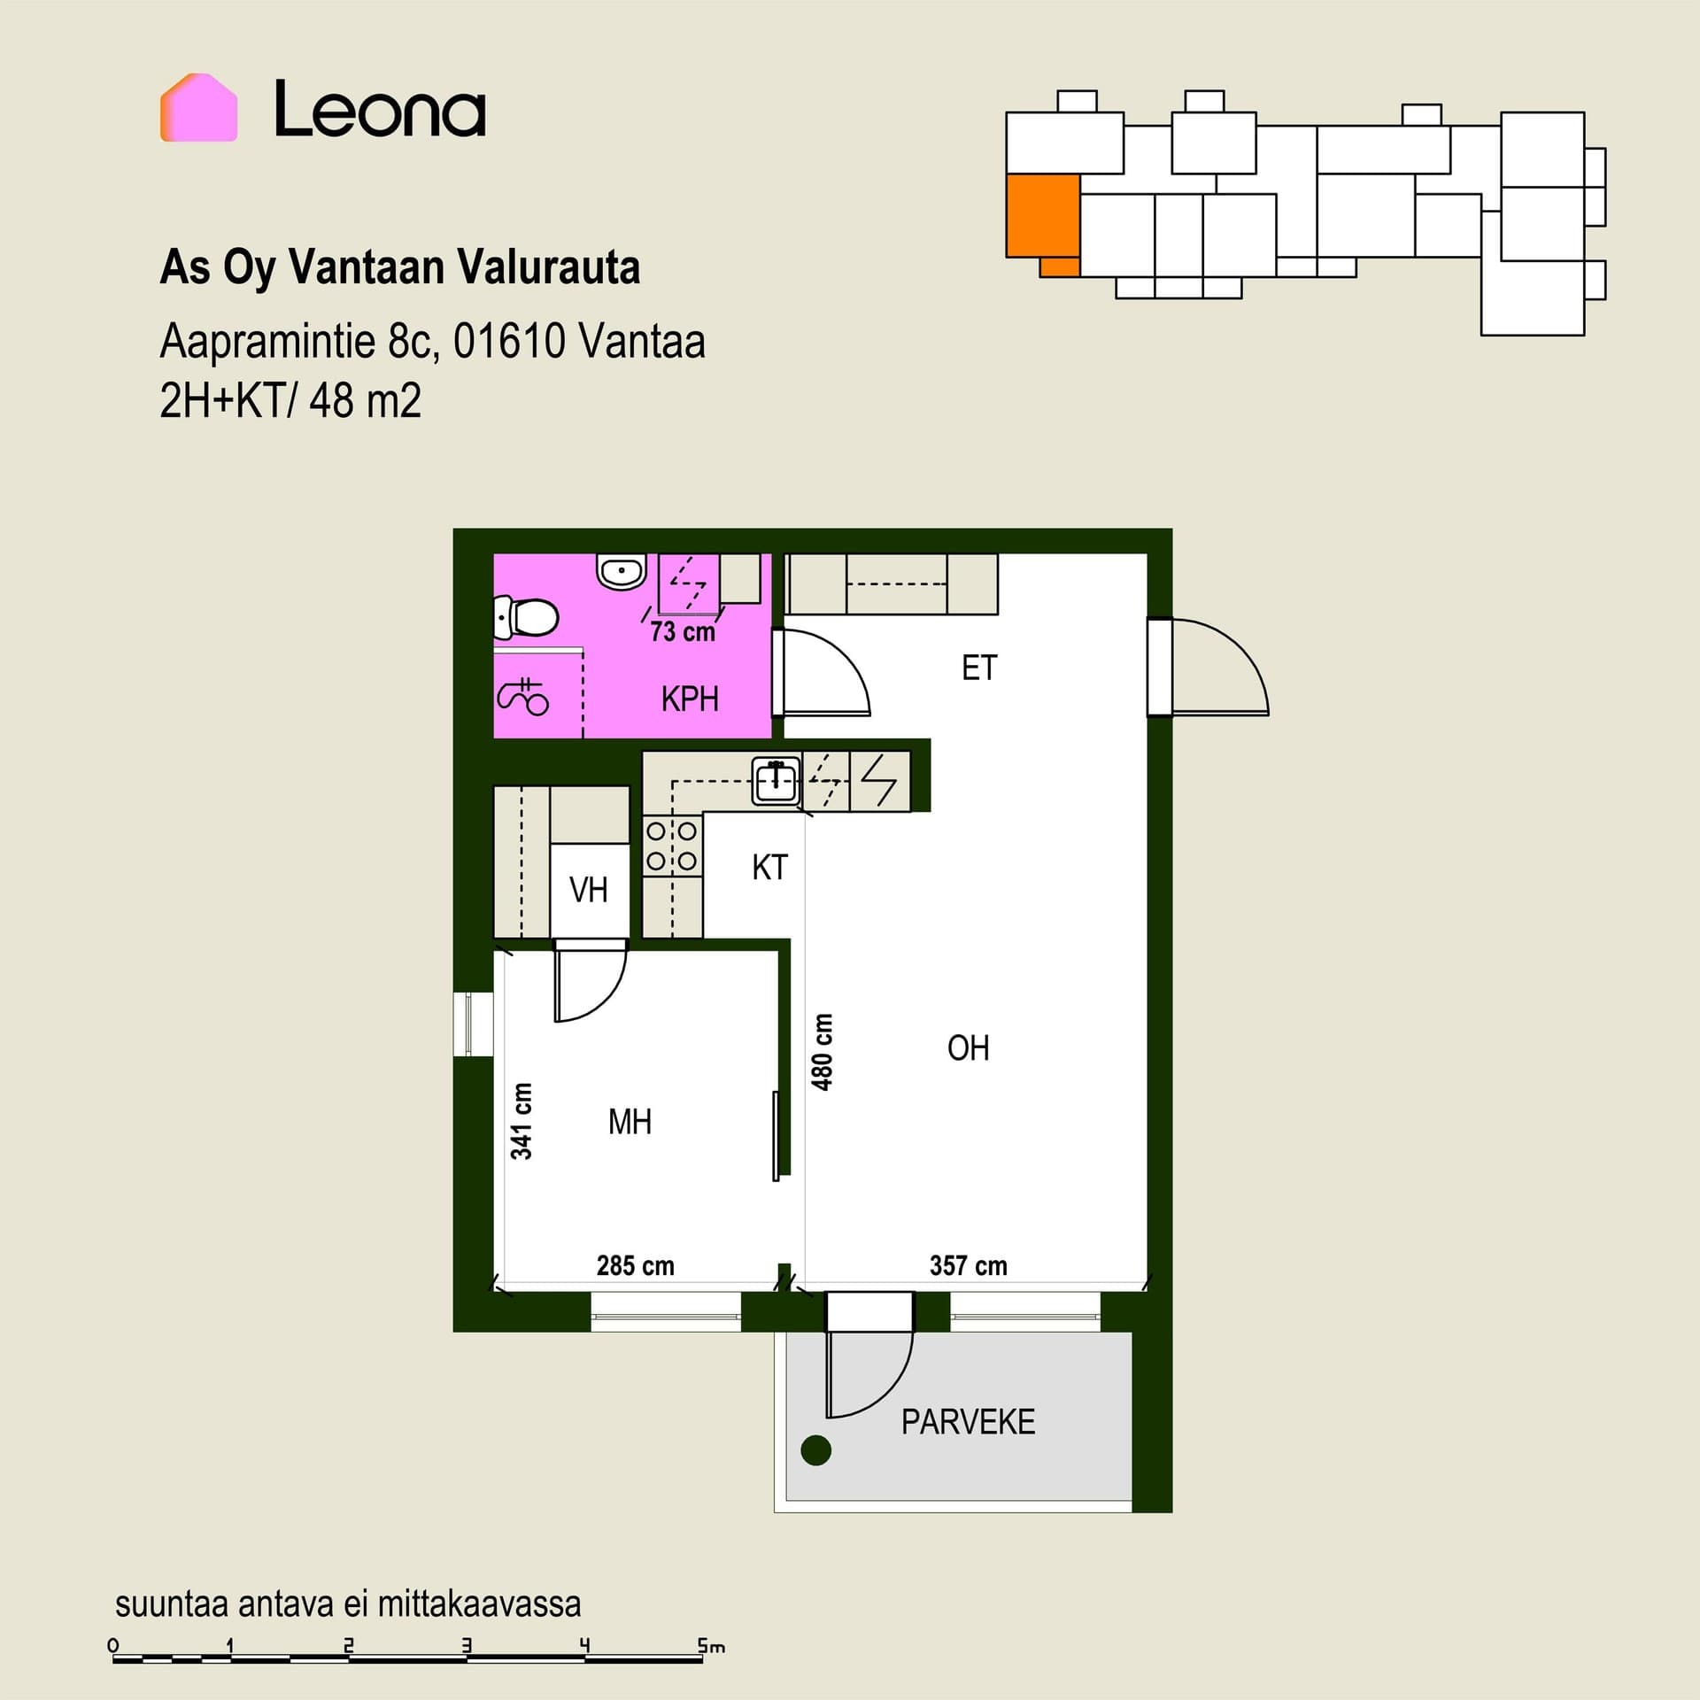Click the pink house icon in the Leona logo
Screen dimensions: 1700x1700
point(198,107)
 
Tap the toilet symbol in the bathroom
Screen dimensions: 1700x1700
point(526,617)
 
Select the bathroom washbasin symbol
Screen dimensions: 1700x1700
point(622,571)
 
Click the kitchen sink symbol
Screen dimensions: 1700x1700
point(776,781)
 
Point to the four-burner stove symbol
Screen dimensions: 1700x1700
point(672,846)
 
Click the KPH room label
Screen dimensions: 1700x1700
point(690,699)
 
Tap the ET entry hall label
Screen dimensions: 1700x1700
point(979,668)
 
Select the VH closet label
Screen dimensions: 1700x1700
point(589,890)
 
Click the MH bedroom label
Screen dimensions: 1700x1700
point(630,1122)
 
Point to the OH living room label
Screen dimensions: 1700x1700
point(968,1048)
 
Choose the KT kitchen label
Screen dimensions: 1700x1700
point(769,868)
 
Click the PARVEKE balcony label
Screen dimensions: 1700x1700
point(968,1422)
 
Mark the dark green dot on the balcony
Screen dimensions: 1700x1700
point(815,1450)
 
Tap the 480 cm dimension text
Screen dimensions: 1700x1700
point(823,1052)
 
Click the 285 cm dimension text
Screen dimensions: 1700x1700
point(635,1266)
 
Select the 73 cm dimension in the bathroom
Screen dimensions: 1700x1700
point(683,631)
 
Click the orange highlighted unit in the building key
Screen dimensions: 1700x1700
point(1043,221)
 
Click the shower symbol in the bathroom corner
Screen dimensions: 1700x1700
point(523,696)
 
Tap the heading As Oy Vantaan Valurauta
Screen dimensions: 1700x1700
point(399,267)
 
